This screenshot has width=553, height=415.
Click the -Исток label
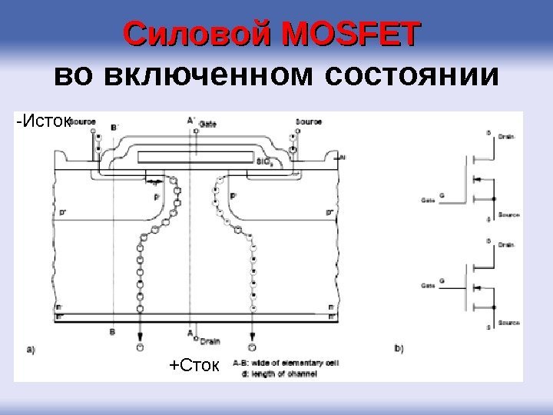43,121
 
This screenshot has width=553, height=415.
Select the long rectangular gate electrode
195,156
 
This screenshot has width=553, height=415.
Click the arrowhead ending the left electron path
140,335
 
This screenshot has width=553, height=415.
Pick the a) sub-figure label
31,348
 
